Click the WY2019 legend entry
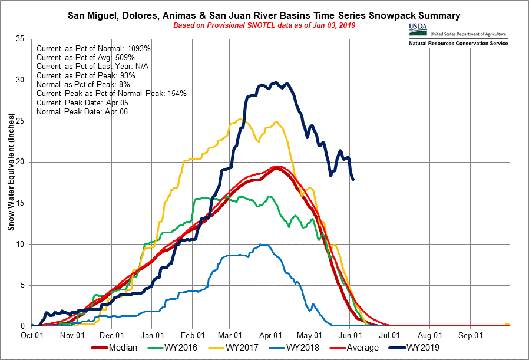click(x=424, y=348)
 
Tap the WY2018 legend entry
click(x=305, y=348)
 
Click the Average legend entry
click(x=362, y=348)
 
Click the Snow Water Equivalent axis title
click(x=11, y=182)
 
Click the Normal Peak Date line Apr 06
click(x=82, y=111)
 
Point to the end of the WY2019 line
click(x=353, y=179)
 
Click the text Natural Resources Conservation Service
click(x=458, y=43)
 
